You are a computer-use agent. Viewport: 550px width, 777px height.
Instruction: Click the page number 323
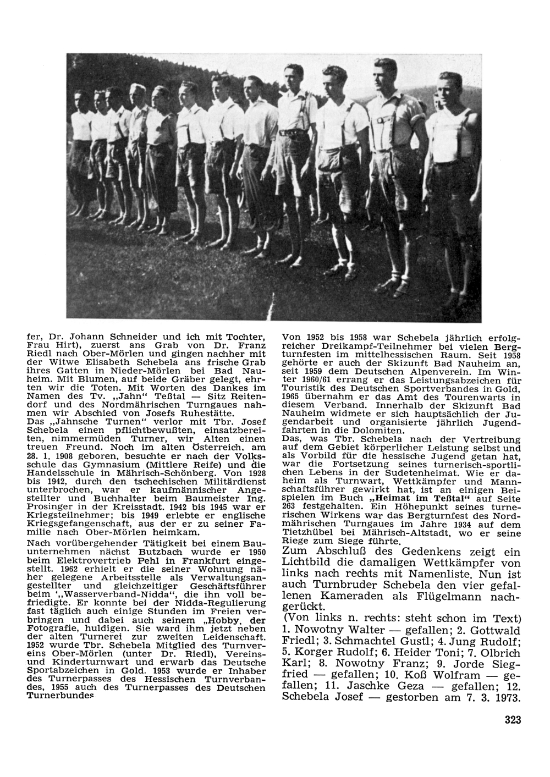point(512,720)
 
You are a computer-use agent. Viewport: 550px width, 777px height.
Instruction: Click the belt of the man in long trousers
point(290,133)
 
